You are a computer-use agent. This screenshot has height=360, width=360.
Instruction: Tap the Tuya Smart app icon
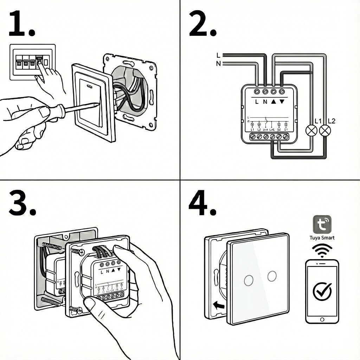322,224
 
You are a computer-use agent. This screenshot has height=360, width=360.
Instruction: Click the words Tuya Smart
322,238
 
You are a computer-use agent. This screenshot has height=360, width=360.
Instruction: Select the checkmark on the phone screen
322,290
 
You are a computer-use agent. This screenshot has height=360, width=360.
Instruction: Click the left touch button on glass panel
249,280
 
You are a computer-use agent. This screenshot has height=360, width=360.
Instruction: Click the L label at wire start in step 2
218,55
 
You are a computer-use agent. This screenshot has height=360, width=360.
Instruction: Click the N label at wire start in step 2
218,63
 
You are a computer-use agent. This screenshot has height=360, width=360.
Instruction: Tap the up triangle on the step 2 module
274,102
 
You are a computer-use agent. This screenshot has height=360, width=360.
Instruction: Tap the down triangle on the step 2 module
282,102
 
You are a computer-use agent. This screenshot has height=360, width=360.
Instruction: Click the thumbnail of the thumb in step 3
90,302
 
